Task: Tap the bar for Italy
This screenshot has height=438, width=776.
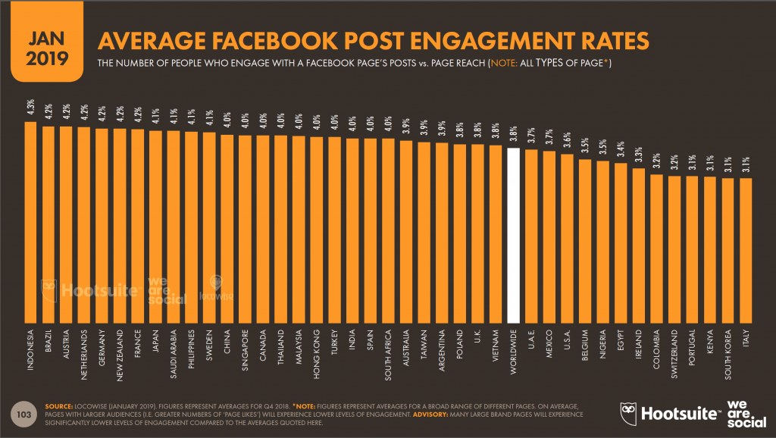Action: coord(746,250)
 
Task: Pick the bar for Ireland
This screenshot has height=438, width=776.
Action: coord(639,246)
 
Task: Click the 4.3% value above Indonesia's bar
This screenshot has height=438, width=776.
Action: coord(31,108)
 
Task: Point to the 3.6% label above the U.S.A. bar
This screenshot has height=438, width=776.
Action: coord(568,142)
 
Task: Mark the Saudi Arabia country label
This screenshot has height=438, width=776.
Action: coord(174,354)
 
